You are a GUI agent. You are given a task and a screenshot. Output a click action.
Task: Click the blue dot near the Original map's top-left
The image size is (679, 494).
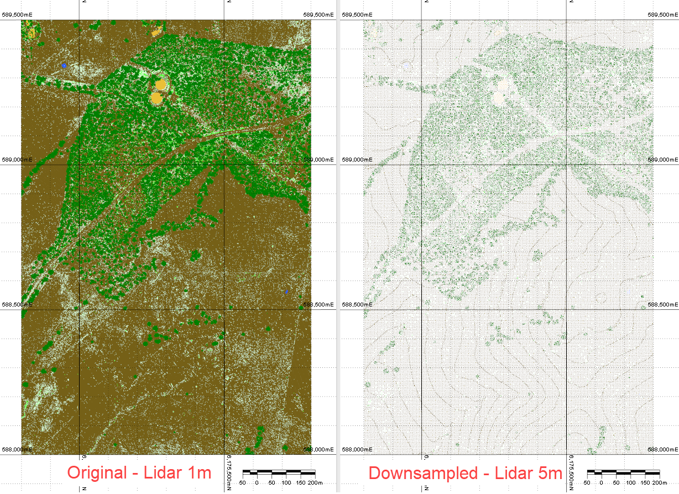[x=64, y=65]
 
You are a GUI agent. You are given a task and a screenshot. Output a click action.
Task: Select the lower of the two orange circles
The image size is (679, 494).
[x=156, y=98]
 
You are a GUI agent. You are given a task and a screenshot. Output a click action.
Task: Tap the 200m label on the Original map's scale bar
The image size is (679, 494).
[x=316, y=483]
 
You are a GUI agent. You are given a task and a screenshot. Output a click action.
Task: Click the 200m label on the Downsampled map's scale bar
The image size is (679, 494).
[x=660, y=483]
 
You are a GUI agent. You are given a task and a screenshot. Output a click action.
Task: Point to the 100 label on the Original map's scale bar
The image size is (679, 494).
[x=286, y=483]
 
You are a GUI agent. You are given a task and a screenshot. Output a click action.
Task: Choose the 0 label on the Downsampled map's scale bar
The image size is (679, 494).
[x=601, y=483]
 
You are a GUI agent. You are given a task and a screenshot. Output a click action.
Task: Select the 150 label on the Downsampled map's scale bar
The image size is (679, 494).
[x=644, y=483]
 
